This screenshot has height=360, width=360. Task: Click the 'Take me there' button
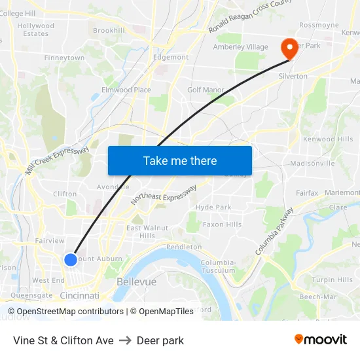click(180, 160)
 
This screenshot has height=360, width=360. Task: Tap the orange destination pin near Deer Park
click(288, 48)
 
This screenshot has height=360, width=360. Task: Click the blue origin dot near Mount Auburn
click(71, 260)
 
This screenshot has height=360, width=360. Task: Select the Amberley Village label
click(240, 47)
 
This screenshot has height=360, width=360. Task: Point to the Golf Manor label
click(206, 90)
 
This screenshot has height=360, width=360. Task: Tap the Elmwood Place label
click(126, 90)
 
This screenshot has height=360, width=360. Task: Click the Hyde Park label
click(213, 207)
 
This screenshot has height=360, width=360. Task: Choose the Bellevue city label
click(136, 281)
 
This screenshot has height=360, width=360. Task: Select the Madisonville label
click(312, 163)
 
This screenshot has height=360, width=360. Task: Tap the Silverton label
click(293, 77)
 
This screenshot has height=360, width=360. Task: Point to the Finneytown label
click(64, 58)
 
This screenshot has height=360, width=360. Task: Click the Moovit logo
click(320, 340)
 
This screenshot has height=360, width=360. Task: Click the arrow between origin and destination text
click(125, 340)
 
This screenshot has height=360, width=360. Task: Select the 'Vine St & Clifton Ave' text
click(63, 340)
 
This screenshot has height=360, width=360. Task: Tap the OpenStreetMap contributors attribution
click(69, 312)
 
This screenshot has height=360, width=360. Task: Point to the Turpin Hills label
click(332, 280)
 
